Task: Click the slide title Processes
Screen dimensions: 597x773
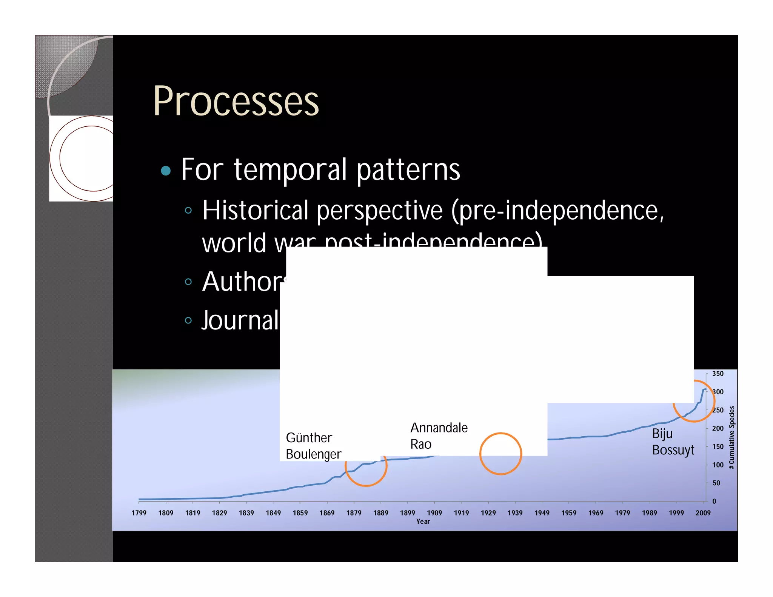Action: (236, 101)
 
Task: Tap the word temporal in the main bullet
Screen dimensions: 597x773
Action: (290, 170)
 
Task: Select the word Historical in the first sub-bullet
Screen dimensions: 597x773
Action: (255, 210)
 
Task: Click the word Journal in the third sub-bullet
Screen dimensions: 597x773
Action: (240, 320)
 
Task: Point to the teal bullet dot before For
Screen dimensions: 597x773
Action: (166, 171)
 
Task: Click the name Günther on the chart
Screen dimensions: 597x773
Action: (309, 438)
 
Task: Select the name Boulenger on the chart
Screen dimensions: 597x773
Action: (313, 454)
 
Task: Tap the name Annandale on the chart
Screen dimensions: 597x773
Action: (439, 428)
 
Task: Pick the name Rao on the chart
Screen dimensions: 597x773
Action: (420, 444)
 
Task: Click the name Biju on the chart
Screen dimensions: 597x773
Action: (662, 434)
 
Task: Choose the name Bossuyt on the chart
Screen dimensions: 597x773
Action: (673, 450)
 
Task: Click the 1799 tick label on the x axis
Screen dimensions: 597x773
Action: (139, 513)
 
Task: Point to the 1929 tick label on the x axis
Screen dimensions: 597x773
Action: (488, 513)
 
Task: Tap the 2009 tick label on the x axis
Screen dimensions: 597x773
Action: (703, 513)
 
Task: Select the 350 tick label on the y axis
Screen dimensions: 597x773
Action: (718, 374)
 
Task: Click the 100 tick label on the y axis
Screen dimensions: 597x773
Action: (718, 465)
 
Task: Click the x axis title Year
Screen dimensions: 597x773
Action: (423, 522)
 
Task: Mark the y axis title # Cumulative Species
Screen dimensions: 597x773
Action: (732, 437)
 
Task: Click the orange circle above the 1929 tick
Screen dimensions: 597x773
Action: (500, 454)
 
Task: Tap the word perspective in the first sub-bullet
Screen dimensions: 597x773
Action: (379, 210)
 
